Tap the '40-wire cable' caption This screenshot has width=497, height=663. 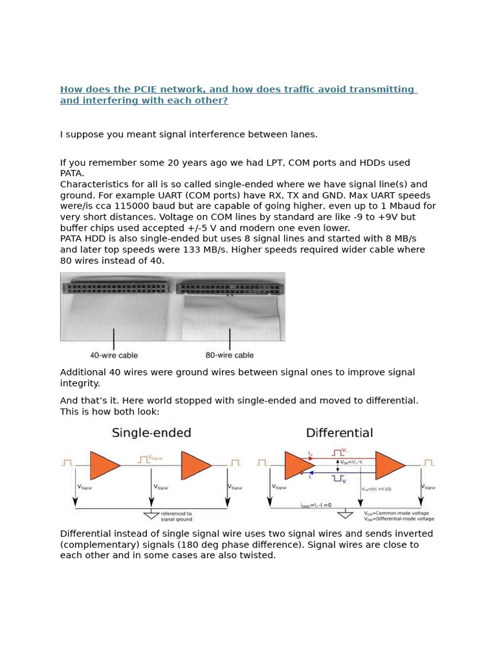click(114, 355)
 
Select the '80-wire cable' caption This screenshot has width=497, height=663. click(230, 355)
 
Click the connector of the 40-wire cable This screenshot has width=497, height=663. click(116, 287)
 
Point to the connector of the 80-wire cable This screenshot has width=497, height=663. click(230, 288)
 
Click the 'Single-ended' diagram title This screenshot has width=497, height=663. click(151, 433)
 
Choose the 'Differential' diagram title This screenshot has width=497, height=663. click(339, 433)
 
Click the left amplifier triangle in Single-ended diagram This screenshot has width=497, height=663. click(104, 466)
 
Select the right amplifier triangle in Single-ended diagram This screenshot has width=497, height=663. click(195, 466)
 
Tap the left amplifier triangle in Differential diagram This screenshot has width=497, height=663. click(298, 466)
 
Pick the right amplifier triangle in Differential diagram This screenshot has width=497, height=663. click(388, 466)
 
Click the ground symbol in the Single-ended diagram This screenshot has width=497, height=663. click(151, 515)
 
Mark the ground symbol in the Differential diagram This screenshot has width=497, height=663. click(345, 515)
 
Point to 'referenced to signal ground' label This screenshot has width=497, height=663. click(176, 517)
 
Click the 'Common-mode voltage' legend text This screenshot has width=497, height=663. click(405, 513)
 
